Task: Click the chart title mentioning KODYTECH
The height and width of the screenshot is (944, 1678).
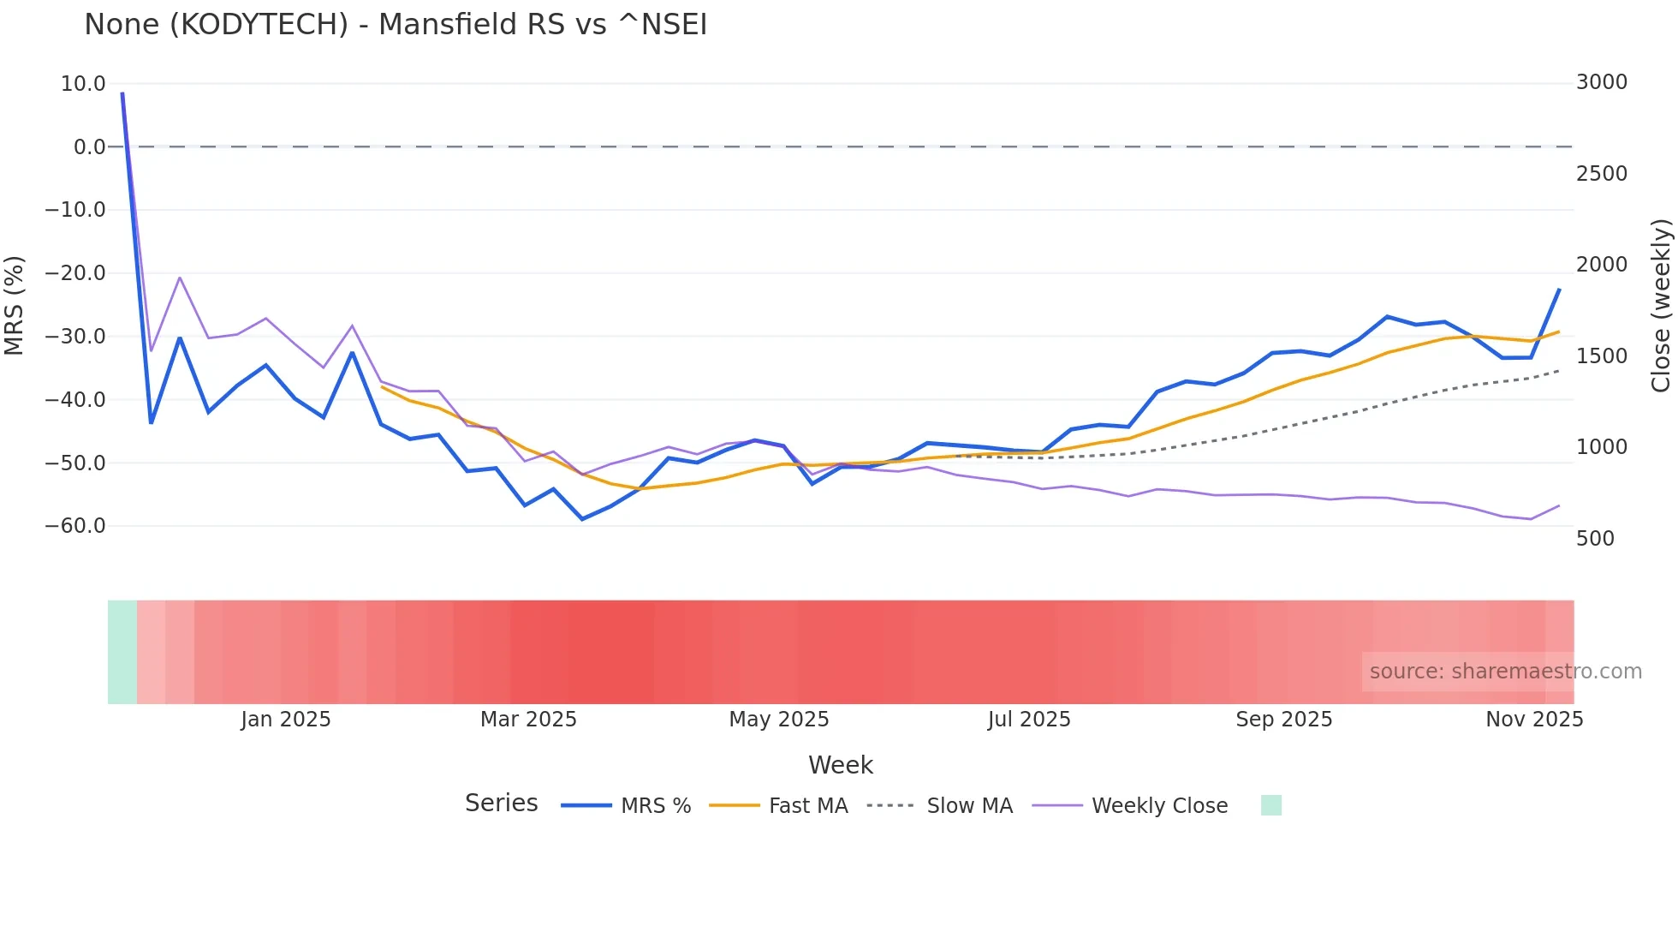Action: [396, 25]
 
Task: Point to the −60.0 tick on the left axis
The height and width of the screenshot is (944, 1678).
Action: [75, 526]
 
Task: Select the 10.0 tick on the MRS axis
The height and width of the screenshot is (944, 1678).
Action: [83, 84]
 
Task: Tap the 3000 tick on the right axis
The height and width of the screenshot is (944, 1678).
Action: [1601, 82]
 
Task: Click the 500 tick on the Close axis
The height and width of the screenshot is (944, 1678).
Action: [1595, 539]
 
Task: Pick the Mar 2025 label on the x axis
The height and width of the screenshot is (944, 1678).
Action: [528, 720]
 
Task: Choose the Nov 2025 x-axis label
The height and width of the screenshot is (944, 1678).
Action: [1534, 720]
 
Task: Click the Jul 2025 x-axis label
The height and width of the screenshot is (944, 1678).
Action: [1029, 720]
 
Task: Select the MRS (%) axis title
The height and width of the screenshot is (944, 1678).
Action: [15, 305]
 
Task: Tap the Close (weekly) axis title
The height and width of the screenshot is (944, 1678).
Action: [1661, 305]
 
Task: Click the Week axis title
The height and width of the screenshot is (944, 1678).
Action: [840, 765]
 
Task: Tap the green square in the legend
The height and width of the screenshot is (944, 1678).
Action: [1271, 805]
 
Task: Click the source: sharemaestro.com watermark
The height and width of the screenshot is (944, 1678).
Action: [1505, 672]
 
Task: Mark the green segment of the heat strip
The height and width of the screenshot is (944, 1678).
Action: [122, 652]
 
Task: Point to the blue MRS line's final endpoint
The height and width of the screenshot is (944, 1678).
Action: [1559, 290]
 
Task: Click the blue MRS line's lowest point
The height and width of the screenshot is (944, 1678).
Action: [582, 519]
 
